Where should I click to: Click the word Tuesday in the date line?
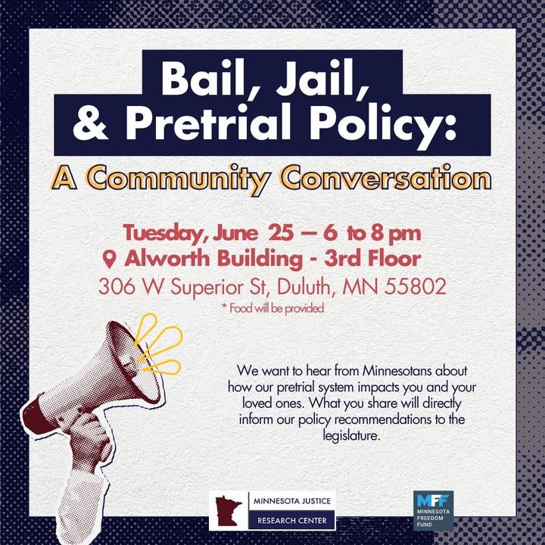(166, 234)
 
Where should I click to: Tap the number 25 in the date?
(281, 233)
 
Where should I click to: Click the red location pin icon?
(109, 260)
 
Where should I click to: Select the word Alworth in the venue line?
(167, 259)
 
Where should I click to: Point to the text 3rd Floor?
(372, 259)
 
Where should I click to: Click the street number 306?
(117, 287)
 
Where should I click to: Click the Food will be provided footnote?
(272, 308)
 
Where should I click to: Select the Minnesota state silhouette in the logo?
(229, 511)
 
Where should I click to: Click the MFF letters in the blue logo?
(432, 501)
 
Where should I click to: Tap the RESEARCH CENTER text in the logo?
(292, 520)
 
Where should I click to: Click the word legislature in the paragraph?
(351, 436)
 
